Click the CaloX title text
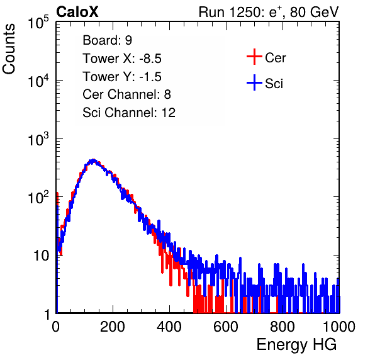[77, 12]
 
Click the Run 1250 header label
[269, 12]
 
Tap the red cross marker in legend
[254, 57]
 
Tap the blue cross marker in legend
[254, 82]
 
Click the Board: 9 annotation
[107, 40]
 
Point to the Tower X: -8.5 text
[122, 59]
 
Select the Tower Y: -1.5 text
[122, 77]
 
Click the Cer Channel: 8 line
[126, 94]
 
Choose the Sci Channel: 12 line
[129, 113]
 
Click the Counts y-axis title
[9, 49]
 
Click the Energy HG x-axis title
[296, 345]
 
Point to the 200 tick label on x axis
[113, 327]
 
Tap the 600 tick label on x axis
[226, 327]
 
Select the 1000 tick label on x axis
[339, 327]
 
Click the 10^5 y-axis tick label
[38, 23]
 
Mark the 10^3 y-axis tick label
[38, 138]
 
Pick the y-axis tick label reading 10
[42, 256]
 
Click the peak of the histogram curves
[92, 160]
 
